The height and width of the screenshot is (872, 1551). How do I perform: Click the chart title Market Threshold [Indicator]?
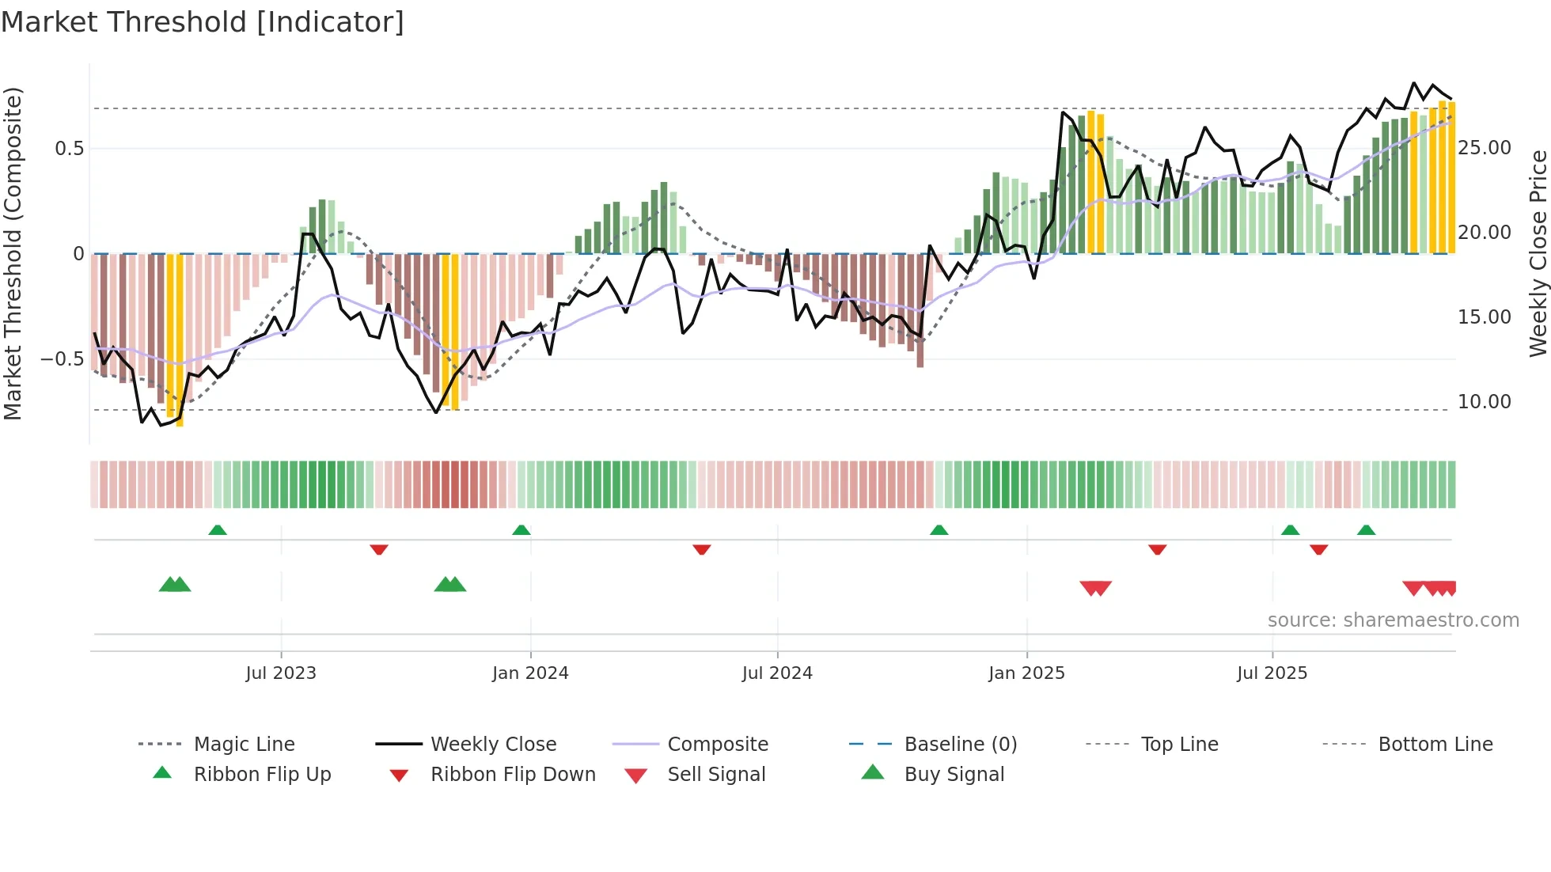point(203,22)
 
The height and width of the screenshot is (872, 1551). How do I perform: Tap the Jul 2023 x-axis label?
point(280,673)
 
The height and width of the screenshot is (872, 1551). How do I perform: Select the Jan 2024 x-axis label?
point(530,673)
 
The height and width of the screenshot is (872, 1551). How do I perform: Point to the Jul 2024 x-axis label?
point(777,673)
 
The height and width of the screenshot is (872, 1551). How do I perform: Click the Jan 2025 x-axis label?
point(1026,673)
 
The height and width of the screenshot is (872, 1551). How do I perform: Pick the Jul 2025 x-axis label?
point(1272,673)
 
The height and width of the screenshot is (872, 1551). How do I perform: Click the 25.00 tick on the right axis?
point(1484,148)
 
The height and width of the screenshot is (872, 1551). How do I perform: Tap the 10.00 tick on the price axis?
point(1484,402)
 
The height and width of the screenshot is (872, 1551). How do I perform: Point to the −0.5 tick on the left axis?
point(62,359)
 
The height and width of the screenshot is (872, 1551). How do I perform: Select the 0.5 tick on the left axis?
point(69,149)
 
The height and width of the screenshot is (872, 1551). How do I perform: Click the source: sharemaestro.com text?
point(1393,620)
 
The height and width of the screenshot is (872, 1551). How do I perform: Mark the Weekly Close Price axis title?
point(1538,253)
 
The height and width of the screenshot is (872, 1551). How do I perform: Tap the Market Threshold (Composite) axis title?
point(13,253)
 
